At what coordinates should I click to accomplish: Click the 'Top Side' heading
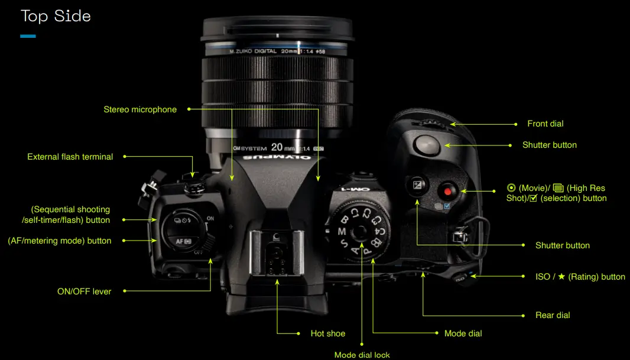pos(56,16)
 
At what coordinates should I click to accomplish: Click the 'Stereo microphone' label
pos(140,109)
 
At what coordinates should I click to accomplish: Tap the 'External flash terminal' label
pos(70,157)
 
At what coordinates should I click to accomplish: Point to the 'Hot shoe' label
pos(328,333)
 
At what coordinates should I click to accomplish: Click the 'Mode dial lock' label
pos(362,355)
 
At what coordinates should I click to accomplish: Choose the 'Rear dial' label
pos(553,315)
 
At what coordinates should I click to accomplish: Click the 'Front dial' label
pos(545,124)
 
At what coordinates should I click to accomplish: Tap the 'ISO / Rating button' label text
pos(576,276)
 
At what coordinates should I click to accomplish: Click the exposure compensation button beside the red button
pos(417,185)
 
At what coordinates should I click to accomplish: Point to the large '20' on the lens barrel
pos(277,147)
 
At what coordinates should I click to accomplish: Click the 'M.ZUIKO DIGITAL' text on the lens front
pos(253,51)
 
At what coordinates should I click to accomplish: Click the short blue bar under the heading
pos(28,37)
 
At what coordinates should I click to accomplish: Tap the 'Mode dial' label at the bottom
pos(463,333)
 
